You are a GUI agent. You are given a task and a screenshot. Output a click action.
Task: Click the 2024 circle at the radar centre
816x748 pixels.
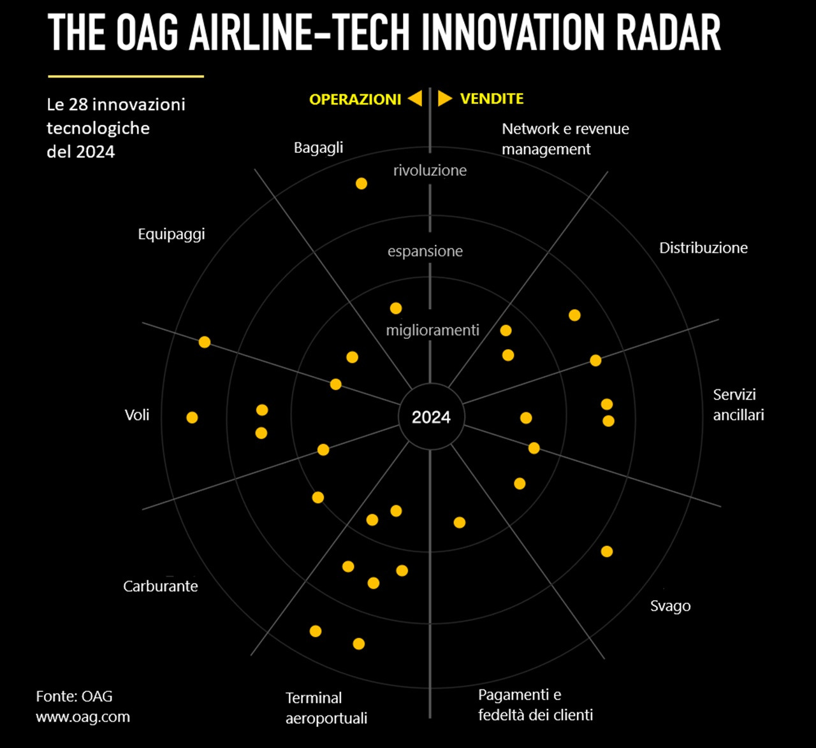coord(431,417)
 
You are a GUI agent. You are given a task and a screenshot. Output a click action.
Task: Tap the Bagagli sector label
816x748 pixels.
coord(318,148)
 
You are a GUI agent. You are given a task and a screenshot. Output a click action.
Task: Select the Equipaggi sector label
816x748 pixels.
coord(171,234)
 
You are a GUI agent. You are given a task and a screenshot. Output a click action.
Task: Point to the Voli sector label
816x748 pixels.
coord(137,415)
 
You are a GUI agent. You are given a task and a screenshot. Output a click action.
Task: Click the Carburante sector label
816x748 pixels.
coord(161,586)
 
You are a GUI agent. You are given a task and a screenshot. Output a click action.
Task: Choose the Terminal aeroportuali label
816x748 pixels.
coord(326,708)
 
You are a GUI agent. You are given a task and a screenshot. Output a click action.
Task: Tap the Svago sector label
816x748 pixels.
coord(670,606)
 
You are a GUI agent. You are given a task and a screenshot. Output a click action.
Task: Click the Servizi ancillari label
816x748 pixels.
coord(738,405)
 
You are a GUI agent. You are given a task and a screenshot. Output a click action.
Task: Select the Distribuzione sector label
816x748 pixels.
coord(703,248)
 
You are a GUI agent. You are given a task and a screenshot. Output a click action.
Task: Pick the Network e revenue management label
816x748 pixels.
coord(565,139)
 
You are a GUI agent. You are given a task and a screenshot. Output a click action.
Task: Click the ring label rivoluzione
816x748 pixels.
coord(430,170)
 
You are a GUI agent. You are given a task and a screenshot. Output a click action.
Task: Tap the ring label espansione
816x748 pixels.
coord(425,251)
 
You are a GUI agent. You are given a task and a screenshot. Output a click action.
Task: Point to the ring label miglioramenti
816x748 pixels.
coord(432,330)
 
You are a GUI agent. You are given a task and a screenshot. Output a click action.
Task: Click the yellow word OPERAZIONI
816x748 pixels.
coord(355,99)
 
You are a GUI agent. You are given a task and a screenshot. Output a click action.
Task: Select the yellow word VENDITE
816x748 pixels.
coord(492,99)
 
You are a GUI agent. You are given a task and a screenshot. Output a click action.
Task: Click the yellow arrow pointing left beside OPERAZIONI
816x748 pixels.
coord(415,98)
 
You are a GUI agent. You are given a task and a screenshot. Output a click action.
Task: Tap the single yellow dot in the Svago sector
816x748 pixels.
coord(607,551)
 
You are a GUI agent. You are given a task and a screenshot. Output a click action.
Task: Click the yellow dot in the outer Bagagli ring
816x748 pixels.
coord(361,183)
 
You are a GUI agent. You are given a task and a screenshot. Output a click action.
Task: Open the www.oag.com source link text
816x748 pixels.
coord(83,717)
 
